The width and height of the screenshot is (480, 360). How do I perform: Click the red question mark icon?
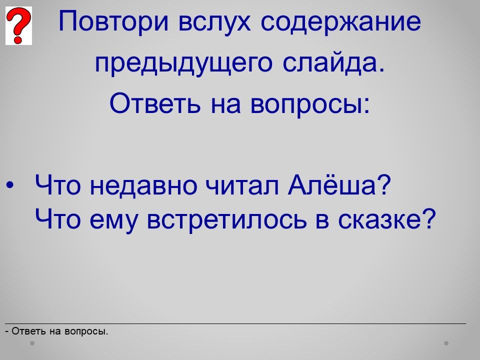click(x=18, y=25)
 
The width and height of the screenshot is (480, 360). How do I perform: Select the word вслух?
click(x=214, y=21)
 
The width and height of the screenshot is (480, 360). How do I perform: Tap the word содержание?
click(x=341, y=21)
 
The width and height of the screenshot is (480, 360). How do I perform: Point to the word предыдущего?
click(x=183, y=63)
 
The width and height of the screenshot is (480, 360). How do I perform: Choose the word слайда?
click(x=333, y=63)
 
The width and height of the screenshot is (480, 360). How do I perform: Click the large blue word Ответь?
click(x=155, y=103)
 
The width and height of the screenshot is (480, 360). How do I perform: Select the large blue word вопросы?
click(x=310, y=104)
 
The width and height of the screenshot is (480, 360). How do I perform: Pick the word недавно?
click(x=143, y=185)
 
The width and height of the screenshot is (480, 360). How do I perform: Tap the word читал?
click(x=242, y=185)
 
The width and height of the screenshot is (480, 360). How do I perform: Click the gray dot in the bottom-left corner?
click(x=32, y=343)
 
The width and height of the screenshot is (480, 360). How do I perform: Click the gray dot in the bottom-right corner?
click(x=446, y=343)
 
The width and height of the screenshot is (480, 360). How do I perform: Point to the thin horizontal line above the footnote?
click(x=235, y=323)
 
